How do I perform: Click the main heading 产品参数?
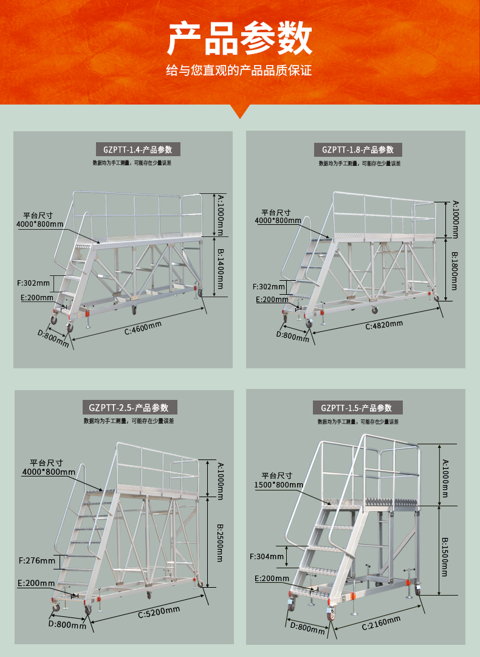pos(240,39)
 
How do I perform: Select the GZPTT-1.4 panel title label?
pos(138,150)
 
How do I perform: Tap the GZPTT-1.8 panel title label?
pos(358,150)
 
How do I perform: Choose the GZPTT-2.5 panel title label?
pos(129,408)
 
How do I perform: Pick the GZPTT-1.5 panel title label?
pos(357,408)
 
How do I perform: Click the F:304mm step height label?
pos(267,556)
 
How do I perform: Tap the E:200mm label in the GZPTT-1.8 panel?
pos(272,299)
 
